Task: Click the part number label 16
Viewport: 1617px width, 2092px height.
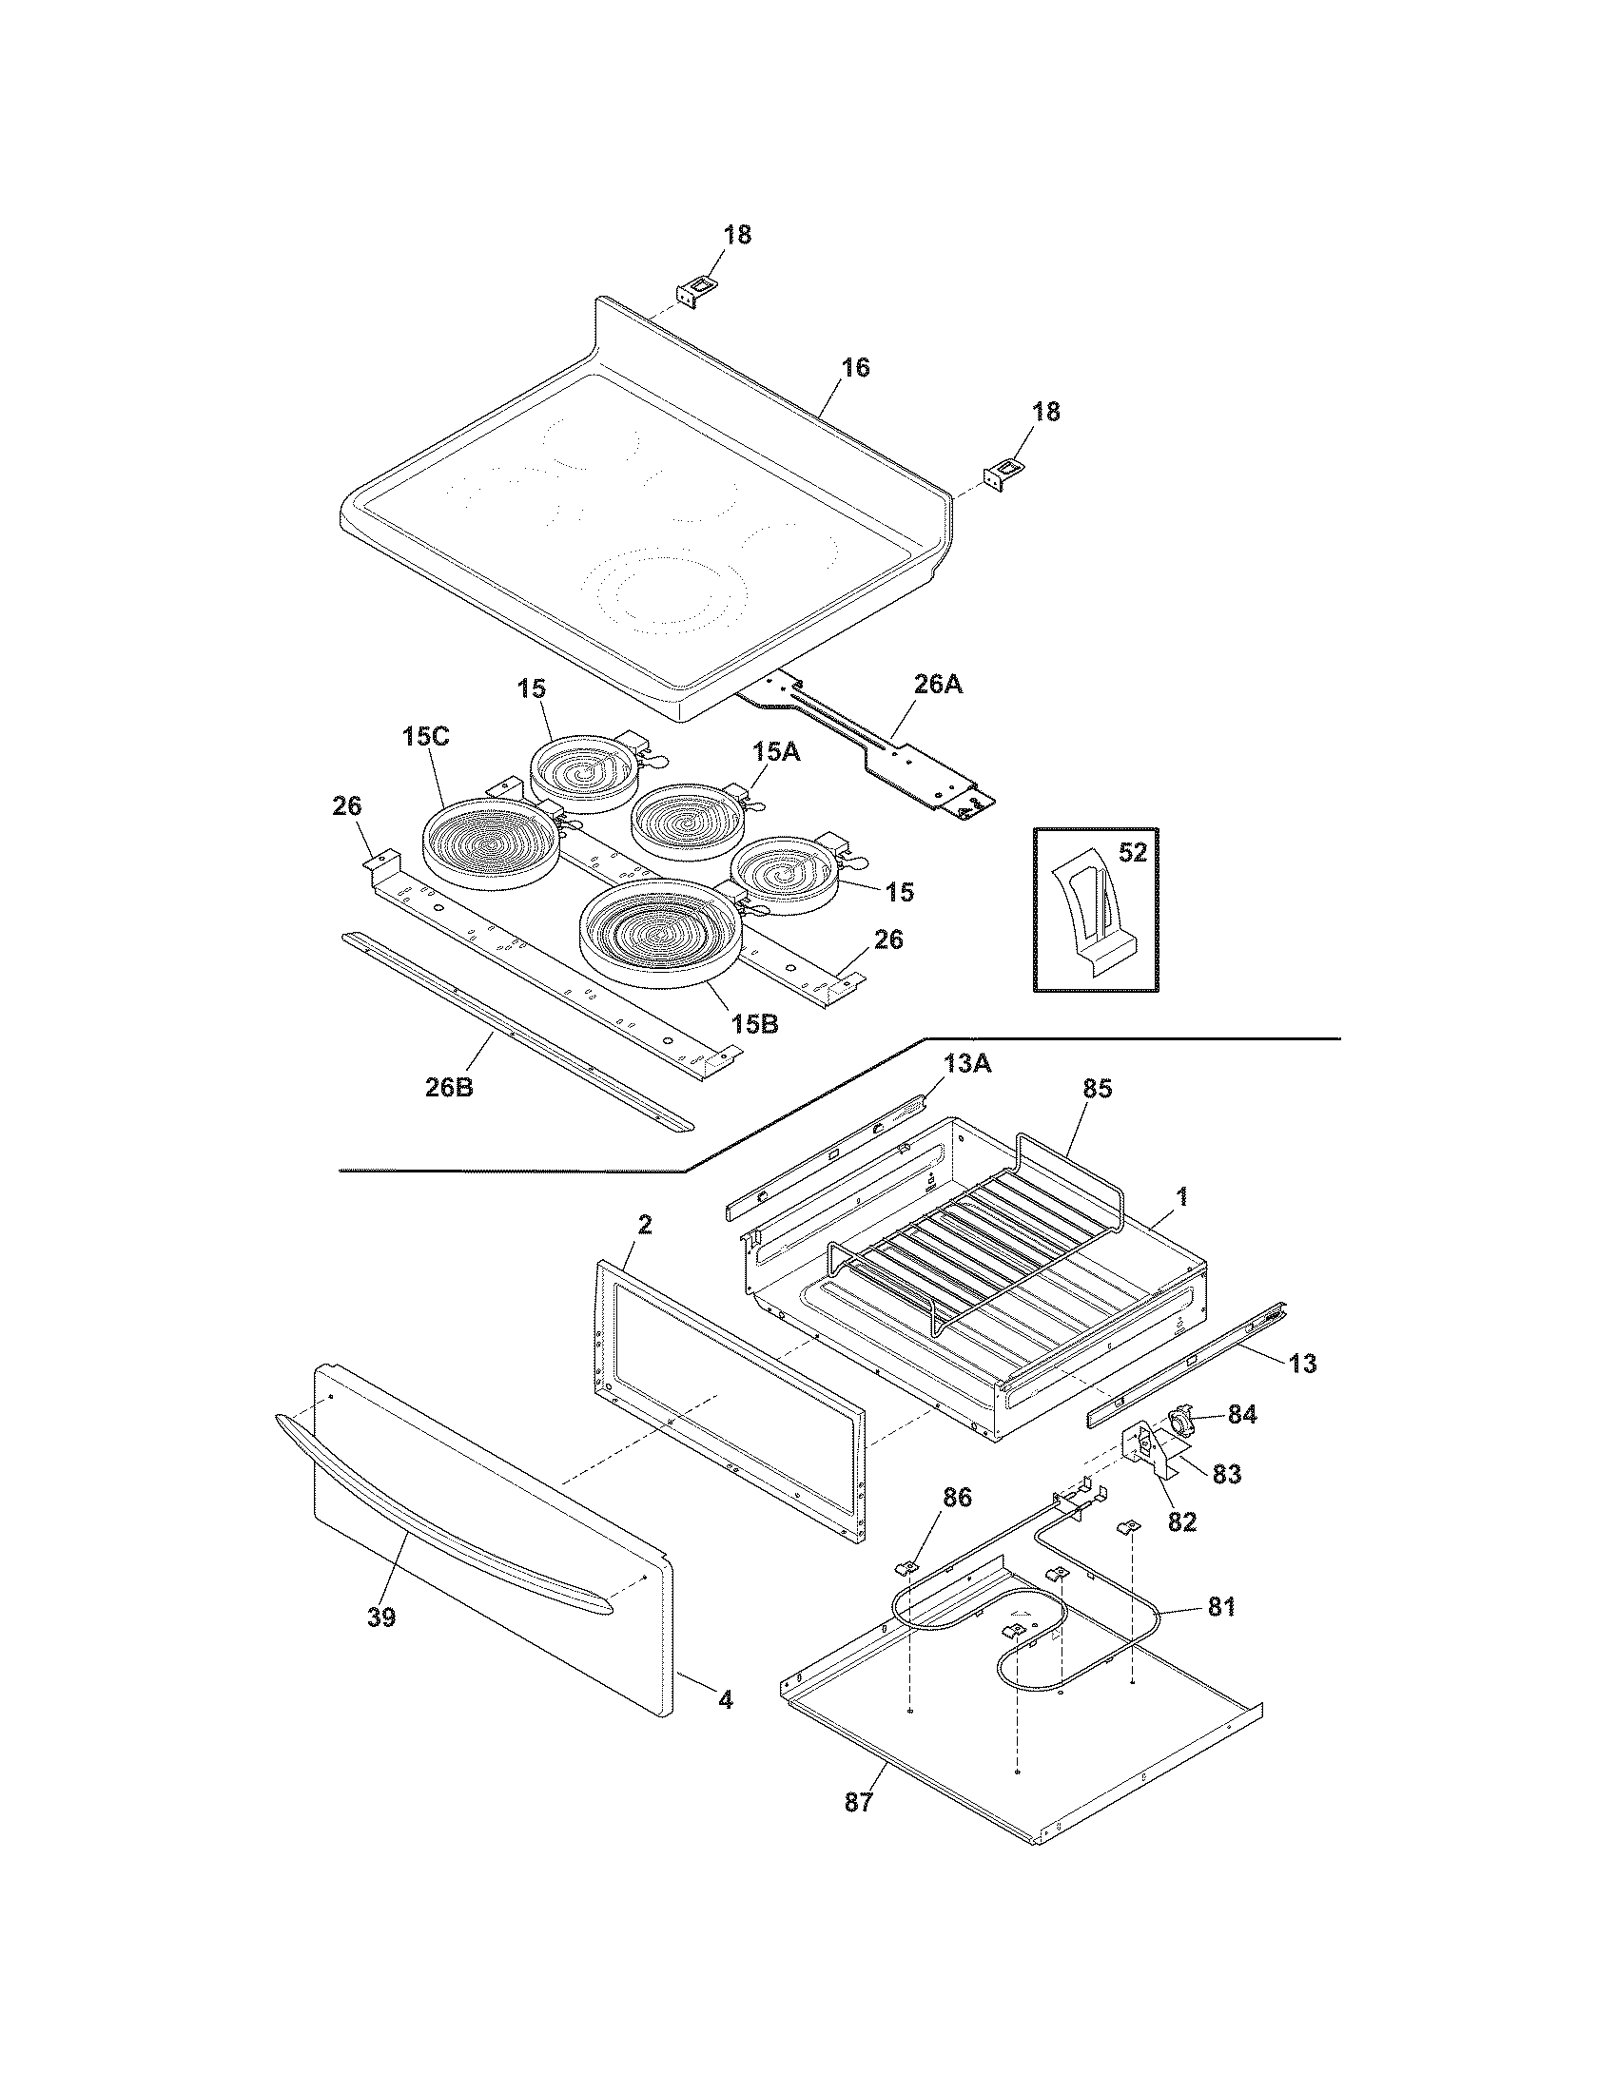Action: [855, 368]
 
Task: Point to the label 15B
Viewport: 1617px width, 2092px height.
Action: [755, 1024]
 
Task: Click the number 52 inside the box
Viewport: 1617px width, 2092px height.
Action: [1132, 853]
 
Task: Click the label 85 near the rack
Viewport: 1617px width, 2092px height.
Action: [1097, 1089]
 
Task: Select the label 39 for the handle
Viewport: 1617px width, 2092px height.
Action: [381, 1617]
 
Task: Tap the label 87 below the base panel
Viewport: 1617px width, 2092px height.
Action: [859, 1803]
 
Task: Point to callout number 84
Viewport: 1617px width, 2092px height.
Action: [1241, 1414]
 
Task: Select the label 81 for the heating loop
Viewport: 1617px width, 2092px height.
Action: [1220, 1606]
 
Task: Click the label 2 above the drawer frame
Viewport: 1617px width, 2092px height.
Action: [645, 1224]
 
